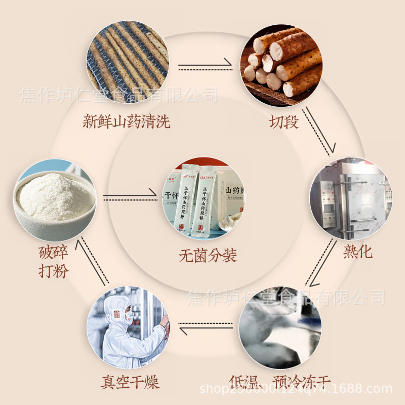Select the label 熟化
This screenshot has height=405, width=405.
(357, 252)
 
